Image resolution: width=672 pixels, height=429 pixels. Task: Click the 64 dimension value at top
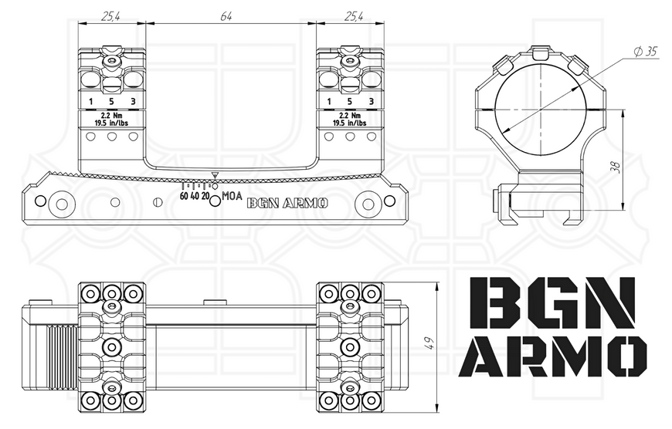(226, 17)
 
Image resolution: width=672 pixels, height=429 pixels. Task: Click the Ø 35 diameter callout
(646, 52)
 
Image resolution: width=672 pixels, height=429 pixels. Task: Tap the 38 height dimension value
(616, 167)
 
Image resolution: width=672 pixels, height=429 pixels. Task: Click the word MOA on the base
(232, 196)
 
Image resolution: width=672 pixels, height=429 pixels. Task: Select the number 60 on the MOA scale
(184, 196)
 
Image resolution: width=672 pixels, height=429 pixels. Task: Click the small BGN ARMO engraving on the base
(287, 204)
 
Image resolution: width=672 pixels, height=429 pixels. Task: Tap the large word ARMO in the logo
(553, 356)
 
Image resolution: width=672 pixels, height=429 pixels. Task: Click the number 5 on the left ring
(111, 102)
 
